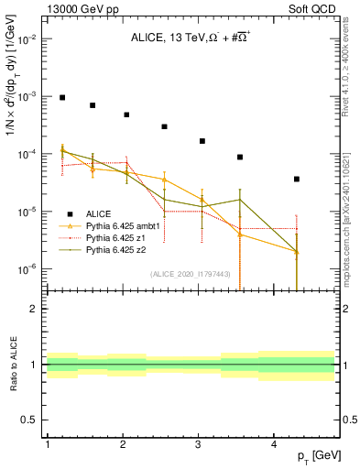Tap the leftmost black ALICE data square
(62, 97)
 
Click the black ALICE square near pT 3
(202, 141)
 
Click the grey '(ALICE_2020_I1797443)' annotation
(190, 274)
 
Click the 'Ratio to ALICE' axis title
(12, 365)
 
